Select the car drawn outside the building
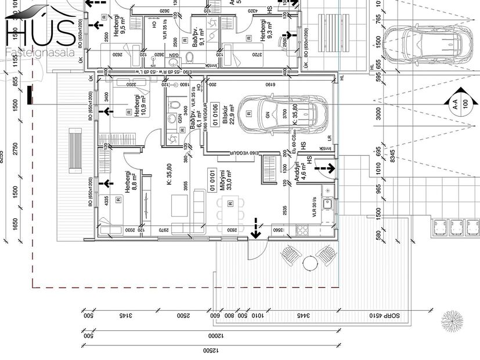pyautogui.click(x=427, y=41)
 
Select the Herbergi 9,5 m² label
pyautogui.click(x=120, y=33)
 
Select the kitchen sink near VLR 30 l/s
pyautogui.click(x=329, y=204)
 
